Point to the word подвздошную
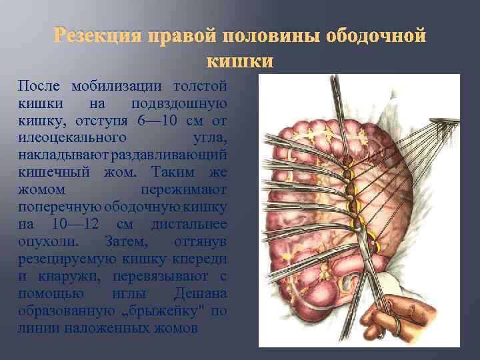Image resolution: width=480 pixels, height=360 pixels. coord(179,103)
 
